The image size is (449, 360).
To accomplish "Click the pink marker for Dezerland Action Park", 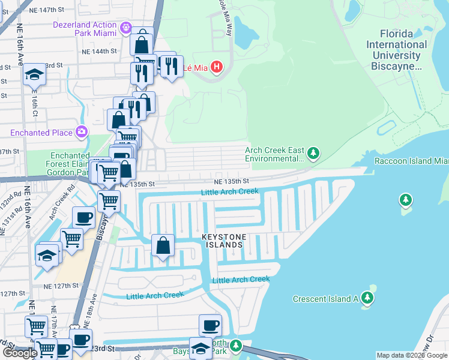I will (125, 27).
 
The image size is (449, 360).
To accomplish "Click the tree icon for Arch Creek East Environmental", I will (312, 154).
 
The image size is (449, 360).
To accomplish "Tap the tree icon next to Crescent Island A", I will (367, 298).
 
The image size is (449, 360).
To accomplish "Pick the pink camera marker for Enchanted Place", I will (82, 131).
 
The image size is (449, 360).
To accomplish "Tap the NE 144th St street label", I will (96, 52).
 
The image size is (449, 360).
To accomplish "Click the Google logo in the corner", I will (20, 352).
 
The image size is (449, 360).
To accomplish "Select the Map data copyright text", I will (412, 355).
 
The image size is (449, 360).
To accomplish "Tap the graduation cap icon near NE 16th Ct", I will (34, 75).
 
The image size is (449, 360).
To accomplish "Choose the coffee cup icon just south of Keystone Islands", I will (210, 326).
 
